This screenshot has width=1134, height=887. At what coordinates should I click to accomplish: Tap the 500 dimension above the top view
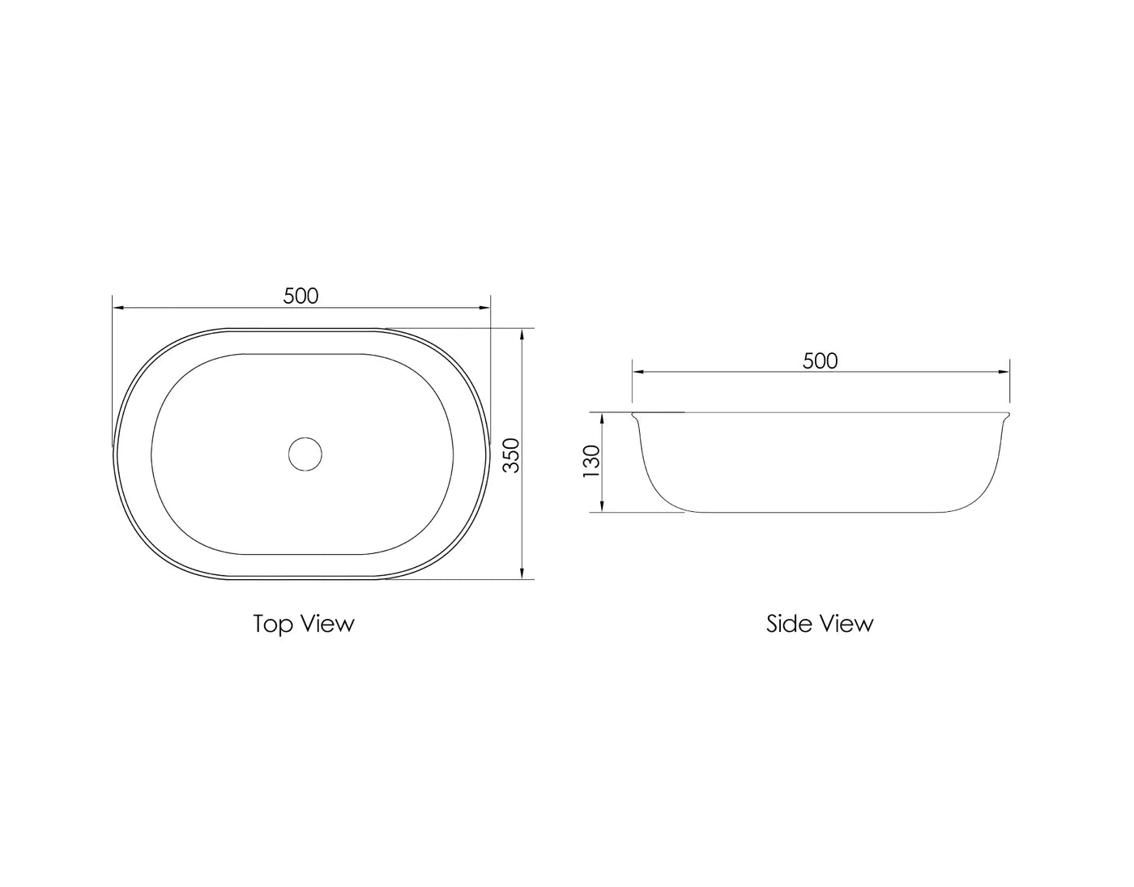(301, 296)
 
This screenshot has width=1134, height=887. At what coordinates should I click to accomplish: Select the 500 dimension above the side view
(820, 360)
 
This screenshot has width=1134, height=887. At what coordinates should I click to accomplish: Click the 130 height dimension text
(592, 462)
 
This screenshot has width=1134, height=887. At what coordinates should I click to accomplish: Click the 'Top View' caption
(304, 624)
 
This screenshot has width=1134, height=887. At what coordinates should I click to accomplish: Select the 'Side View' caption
(820, 624)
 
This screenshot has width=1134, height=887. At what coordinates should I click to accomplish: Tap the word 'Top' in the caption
(273, 624)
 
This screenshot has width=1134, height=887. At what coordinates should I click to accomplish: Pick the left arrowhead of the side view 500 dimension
(638, 372)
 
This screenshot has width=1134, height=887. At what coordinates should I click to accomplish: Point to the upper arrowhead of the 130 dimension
(603, 418)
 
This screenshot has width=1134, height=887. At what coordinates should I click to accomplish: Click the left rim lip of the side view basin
(636, 417)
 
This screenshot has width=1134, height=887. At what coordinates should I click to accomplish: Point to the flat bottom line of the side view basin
(820, 512)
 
